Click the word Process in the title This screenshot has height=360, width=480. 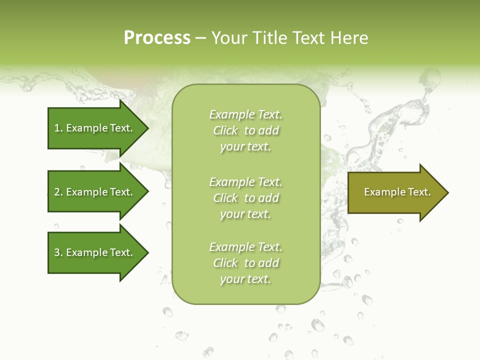point(157,38)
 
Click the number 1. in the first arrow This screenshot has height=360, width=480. point(58,128)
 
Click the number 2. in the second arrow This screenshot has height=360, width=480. point(58,192)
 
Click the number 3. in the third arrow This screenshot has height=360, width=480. point(58,252)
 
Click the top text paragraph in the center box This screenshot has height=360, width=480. point(245,130)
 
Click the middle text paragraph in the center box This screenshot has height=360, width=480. point(245,198)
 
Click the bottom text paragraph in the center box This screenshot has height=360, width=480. point(245,263)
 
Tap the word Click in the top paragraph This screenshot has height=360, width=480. point(225,130)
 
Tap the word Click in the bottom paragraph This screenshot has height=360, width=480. point(225,263)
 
